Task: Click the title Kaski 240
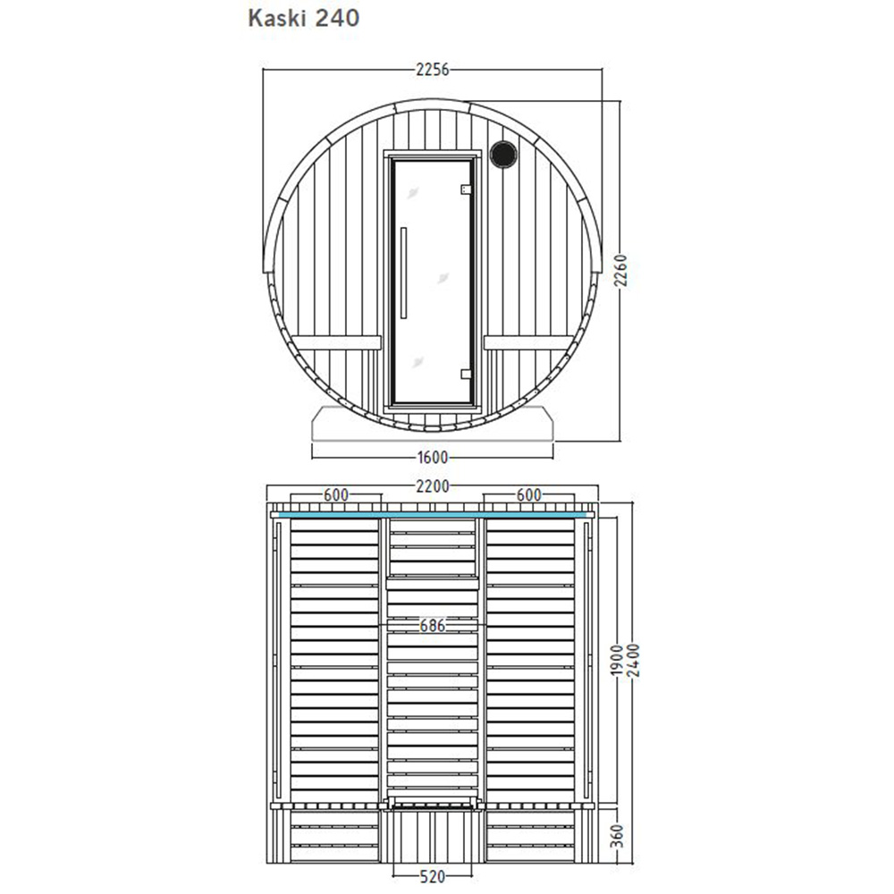click(x=304, y=18)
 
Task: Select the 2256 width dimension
click(x=433, y=70)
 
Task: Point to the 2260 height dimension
click(x=621, y=271)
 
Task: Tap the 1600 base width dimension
click(x=433, y=457)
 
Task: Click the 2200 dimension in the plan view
click(x=433, y=486)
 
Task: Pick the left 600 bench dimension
click(x=336, y=495)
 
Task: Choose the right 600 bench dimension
click(x=529, y=495)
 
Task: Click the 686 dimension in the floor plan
click(x=432, y=626)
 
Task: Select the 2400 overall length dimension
click(x=633, y=661)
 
